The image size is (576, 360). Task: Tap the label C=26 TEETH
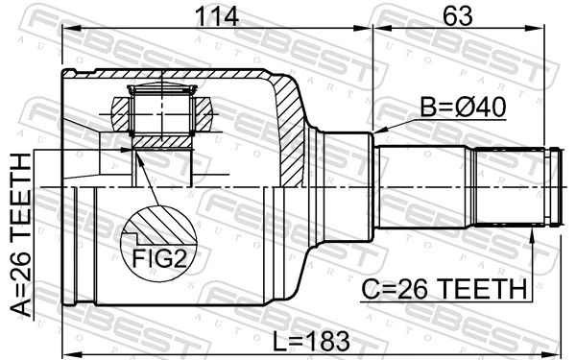(x=443, y=288)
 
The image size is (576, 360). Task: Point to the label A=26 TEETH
(x=21, y=244)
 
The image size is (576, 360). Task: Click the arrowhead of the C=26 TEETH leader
(x=533, y=234)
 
